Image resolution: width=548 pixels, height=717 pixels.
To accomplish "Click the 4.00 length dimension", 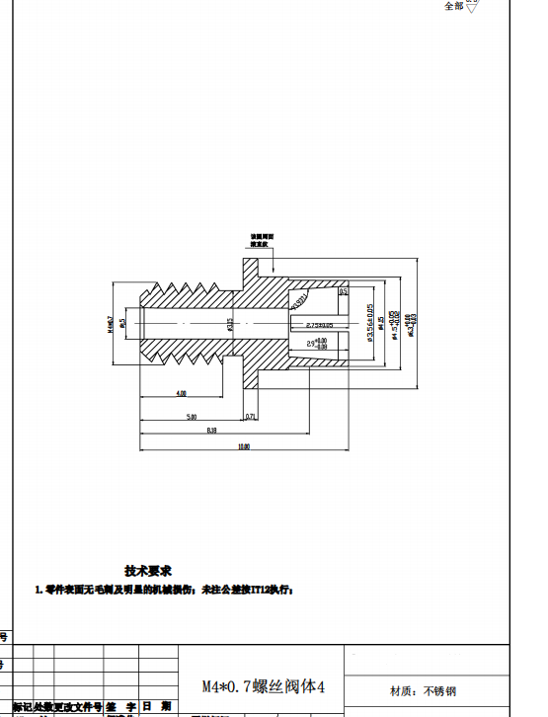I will (181, 393).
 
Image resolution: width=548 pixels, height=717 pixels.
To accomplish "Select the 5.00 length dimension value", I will (192, 417).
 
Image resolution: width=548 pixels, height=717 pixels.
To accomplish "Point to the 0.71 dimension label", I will (251, 417).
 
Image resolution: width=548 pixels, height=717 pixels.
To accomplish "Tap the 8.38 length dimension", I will (211, 432).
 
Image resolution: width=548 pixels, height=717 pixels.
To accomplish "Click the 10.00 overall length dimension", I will (243, 447).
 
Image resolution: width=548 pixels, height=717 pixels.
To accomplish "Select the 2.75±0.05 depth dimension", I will (319, 325).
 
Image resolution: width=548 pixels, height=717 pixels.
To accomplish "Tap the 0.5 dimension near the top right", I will (343, 292).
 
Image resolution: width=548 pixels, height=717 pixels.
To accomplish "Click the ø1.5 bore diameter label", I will (122, 322).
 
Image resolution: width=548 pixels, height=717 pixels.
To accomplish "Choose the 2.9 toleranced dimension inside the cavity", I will (317, 344).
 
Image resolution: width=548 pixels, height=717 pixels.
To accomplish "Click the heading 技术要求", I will (148, 571).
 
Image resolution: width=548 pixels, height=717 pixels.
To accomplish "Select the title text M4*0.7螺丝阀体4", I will (263, 685).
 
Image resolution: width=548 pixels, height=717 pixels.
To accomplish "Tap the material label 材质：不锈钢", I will (424, 690).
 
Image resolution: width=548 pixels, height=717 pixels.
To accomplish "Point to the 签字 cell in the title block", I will (121, 707).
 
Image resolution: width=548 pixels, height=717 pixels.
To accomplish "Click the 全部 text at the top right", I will (453, 7).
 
